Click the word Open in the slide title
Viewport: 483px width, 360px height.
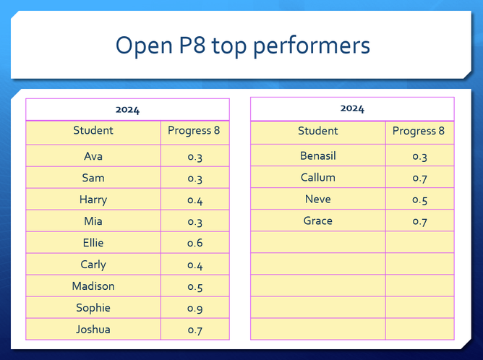tap(144, 46)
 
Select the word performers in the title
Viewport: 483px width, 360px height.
tap(312, 46)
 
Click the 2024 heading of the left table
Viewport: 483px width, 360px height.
tap(127, 110)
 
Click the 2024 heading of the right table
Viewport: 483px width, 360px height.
tap(352, 108)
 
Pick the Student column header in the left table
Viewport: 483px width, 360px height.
tap(93, 130)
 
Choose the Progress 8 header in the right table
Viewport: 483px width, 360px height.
tap(419, 131)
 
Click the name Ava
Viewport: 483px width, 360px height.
tap(93, 156)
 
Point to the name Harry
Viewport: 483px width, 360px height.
tap(93, 200)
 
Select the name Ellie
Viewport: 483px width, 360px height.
tap(93, 243)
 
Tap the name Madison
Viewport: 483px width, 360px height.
tap(93, 286)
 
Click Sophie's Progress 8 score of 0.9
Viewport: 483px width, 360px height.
tap(195, 308)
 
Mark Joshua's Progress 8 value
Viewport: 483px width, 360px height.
tap(195, 330)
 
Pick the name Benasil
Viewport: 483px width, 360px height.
tap(318, 156)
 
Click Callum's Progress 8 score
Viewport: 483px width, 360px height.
tap(419, 179)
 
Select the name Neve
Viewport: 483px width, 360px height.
tap(318, 200)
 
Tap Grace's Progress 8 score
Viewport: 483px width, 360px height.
tap(419, 222)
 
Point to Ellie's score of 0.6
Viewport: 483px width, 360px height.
tap(195, 244)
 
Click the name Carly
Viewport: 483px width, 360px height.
tap(93, 265)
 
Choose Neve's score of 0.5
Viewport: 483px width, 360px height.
tap(419, 200)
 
